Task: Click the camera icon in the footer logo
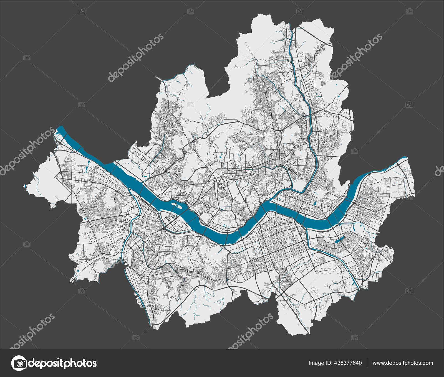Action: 19,363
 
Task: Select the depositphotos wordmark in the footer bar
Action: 62,363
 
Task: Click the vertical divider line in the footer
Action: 367,363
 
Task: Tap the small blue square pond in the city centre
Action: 221,158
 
